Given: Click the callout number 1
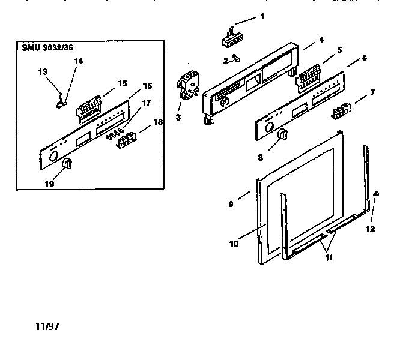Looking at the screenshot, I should point(262,16).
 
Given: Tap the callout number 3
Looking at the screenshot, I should point(178,117).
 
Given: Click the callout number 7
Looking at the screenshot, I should point(373,92).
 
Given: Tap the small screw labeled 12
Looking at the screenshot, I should point(376,193).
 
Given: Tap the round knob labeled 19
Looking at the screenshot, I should point(67,164).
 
